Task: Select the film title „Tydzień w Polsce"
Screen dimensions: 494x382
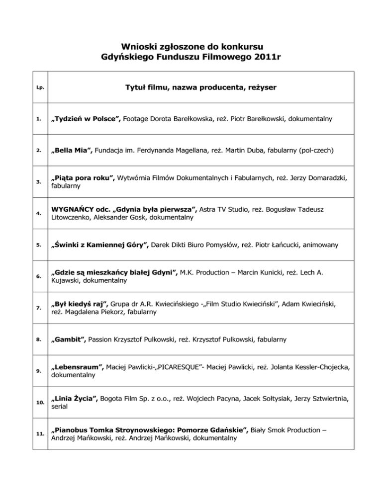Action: click(86, 119)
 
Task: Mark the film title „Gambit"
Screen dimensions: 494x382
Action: click(70, 340)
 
